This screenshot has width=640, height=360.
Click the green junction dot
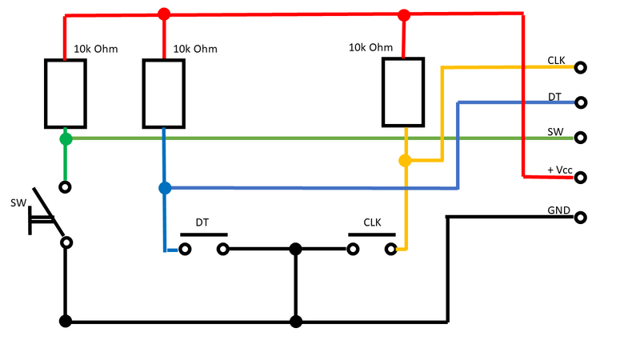pyautogui.click(x=66, y=139)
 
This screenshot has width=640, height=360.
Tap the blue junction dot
pyautogui.click(x=165, y=188)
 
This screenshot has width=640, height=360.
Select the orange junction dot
pyautogui.click(x=405, y=161)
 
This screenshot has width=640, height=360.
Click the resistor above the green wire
pyautogui.click(x=65, y=94)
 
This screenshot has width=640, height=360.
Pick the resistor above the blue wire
pyautogui.click(x=164, y=94)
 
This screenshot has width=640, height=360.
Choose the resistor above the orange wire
pyautogui.click(x=404, y=92)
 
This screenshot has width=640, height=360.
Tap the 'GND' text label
pyautogui.click(x=558, y=210)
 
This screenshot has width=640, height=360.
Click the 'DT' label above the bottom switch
pyautogui.click(x=202, y=223)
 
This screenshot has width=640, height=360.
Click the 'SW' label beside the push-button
pyautogui.click(x=18, y=203)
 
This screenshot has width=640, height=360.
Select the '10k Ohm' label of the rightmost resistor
pyautogui.click(x=371, y=47)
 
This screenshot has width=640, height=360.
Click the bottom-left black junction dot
pyautogui.click(x=66, y=322)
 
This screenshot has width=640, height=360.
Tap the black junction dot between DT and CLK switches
pyautogui.click(x=296, y=250)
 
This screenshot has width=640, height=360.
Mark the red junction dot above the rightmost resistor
pyautogui.click(x=404, y=14)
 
